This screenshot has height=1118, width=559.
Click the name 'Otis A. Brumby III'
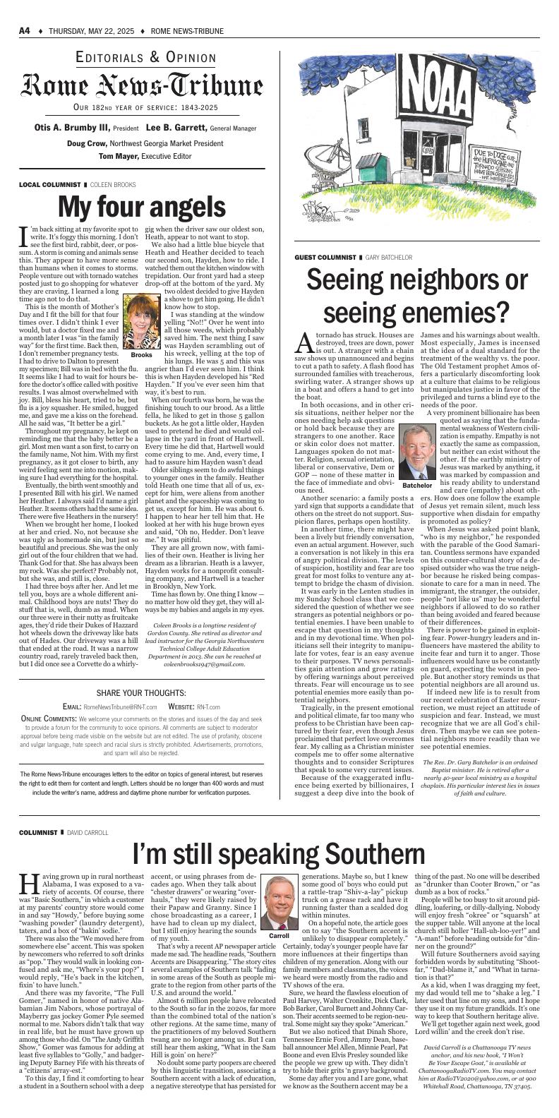click(72, 128)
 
